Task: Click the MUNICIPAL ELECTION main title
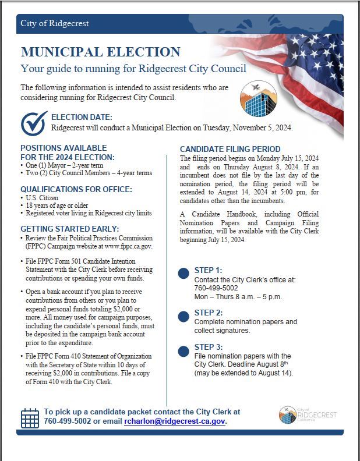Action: point(100,51)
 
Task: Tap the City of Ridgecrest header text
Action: point(55,23)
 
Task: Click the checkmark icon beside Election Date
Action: point(34,122)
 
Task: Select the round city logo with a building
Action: point(258,100)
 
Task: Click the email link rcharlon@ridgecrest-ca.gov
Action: point(175,421)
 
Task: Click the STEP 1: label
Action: point(208,271)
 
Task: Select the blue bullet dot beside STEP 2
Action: point(183,316)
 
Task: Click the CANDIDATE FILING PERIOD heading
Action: point(230,149)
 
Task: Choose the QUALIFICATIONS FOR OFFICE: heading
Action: point(76,189)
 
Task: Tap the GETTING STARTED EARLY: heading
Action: point(70,229)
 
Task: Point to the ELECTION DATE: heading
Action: point(86,118)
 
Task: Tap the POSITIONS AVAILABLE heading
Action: point(63,148)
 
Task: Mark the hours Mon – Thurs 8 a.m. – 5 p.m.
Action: point(238,296)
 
